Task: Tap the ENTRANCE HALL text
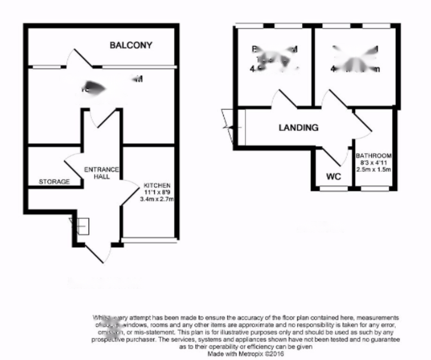click(101, 173)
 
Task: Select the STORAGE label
click(54, 181)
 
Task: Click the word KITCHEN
click(157, 186)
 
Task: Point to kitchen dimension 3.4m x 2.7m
click(157, 199)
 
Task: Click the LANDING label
click(298, 127)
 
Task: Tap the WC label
click(333, 177)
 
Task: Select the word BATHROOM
click(373, 156)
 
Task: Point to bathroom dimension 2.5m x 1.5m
click(373, 169)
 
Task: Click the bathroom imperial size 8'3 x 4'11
click(373, 163)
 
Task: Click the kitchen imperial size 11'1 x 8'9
click(157, 192)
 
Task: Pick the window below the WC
click(334, 189)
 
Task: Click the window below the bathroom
click(375, 189)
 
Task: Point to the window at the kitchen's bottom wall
click(149, 240)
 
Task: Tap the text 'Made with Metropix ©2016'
click(245, 355)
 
